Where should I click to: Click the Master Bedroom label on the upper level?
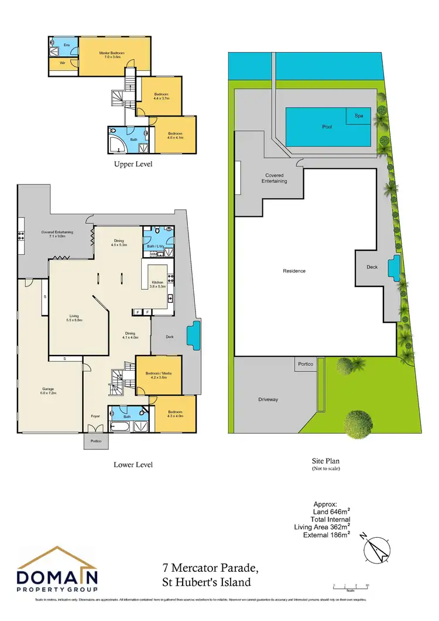pos(109,55)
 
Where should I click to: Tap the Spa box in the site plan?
pos(359,117)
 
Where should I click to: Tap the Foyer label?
pos(95,417)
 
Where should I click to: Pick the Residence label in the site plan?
pos(294,271)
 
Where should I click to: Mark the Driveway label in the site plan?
pos(267,400)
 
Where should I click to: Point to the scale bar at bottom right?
pos(350,585)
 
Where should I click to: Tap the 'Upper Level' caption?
pos(133,165)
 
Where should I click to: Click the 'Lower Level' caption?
pos(133,465)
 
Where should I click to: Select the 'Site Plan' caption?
pos(326,461)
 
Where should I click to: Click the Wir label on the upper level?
pos(61,64)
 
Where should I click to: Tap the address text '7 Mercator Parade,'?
pos(210,568)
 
